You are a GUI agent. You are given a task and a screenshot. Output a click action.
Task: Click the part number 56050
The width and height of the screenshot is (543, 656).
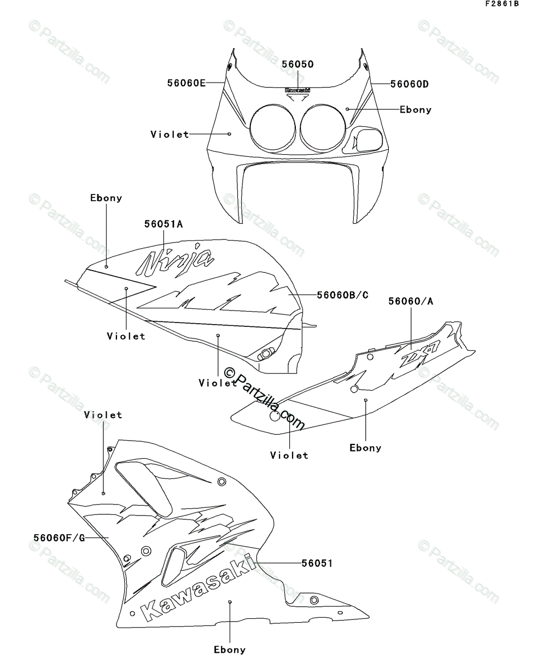coord(297,65)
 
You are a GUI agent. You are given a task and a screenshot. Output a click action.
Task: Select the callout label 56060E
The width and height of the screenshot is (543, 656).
coord(186,83)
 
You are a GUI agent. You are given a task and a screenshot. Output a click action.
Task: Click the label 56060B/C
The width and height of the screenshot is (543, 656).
coord(342,295)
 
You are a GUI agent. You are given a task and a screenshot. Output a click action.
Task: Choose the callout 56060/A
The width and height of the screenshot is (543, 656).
coord(412,301)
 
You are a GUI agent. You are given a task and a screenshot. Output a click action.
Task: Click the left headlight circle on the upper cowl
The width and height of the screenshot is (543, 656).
coord(273,127)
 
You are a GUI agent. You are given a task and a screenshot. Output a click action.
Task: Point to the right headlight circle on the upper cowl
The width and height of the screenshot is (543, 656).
coord(322,127)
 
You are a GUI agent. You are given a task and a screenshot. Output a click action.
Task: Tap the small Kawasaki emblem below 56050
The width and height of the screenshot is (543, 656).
coord(297,90)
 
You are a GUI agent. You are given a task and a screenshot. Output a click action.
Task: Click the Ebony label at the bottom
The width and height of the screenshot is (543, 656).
coord(230,649)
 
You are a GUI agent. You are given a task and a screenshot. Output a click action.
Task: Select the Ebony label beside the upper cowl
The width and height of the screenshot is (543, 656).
coord(416,109)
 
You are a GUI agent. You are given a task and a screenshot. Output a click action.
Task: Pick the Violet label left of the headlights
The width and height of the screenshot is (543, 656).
coord(170,134)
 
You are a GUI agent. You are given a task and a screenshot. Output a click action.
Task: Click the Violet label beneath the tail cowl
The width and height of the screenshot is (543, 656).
coord(289,455)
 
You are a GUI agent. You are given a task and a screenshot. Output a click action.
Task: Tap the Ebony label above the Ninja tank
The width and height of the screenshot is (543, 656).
coord(106,198)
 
